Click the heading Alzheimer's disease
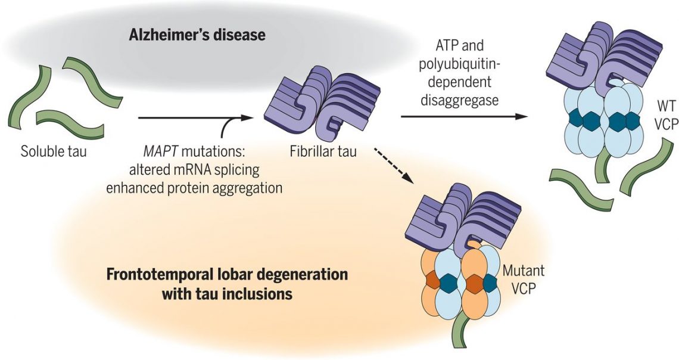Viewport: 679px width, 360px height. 197,35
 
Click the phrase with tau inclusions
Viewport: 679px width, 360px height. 226,294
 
